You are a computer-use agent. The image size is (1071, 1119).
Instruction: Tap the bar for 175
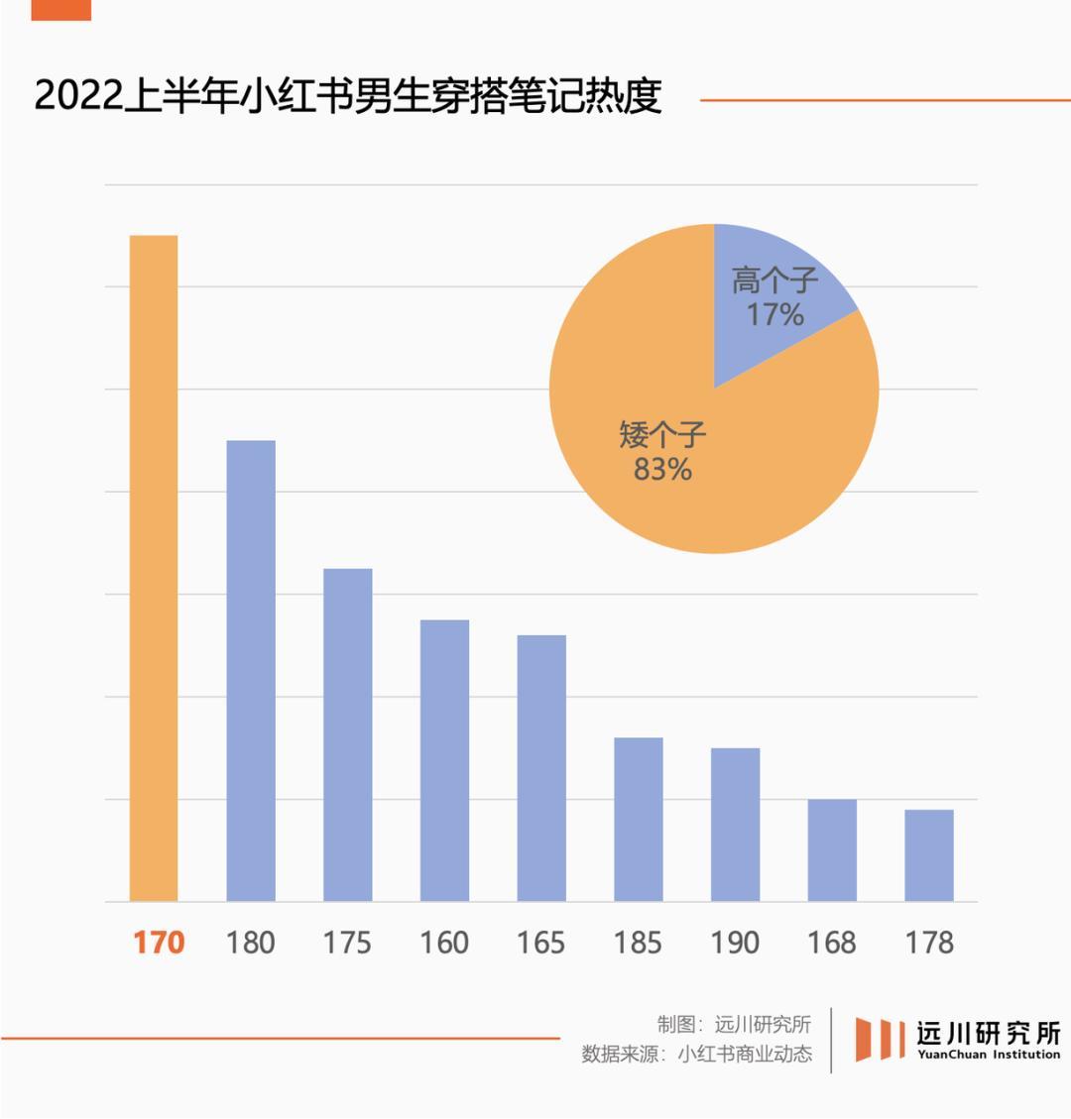click(x=348, y=734)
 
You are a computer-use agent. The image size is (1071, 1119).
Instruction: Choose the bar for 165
click(x=541, y=768)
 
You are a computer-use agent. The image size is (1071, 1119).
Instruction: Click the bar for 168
click(x=832, y=850)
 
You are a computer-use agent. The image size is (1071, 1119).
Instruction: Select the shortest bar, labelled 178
click(x=929, y=855)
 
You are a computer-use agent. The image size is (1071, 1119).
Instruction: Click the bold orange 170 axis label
click(x=159, y=942)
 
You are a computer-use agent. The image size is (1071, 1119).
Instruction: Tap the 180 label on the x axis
click(x=251, y=942)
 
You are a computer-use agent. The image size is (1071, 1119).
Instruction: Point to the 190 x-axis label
click(x=735, y=942)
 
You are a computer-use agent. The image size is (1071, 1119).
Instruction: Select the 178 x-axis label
click(x=929, y=942)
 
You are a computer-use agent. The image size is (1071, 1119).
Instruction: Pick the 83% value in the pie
click(x=662, y=469)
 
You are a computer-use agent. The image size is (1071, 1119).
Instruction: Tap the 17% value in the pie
click(x=775, y=315)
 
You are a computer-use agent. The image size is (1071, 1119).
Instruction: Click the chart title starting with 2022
click(x=348, y=97)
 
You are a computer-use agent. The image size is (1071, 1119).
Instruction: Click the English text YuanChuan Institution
click(x=989, y=1055)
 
